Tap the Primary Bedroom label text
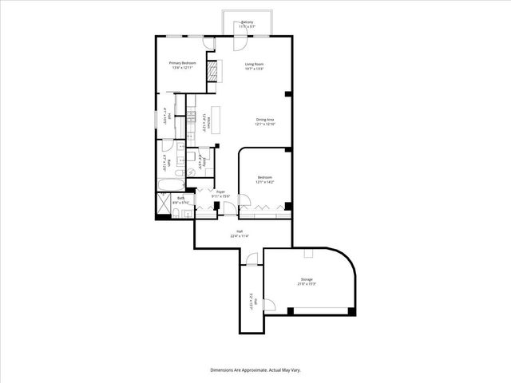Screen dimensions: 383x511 (182, 65)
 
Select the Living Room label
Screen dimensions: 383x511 (254, 65)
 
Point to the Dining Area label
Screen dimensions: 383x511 (264, 121)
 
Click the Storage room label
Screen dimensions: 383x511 (307, 282)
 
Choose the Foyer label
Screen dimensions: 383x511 (220, 194)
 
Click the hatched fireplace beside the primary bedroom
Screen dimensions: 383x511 (212, 72)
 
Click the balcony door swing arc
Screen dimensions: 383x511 (241, 29)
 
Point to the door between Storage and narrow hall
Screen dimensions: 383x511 (268, 304)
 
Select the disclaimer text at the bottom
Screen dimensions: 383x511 (255, 370)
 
